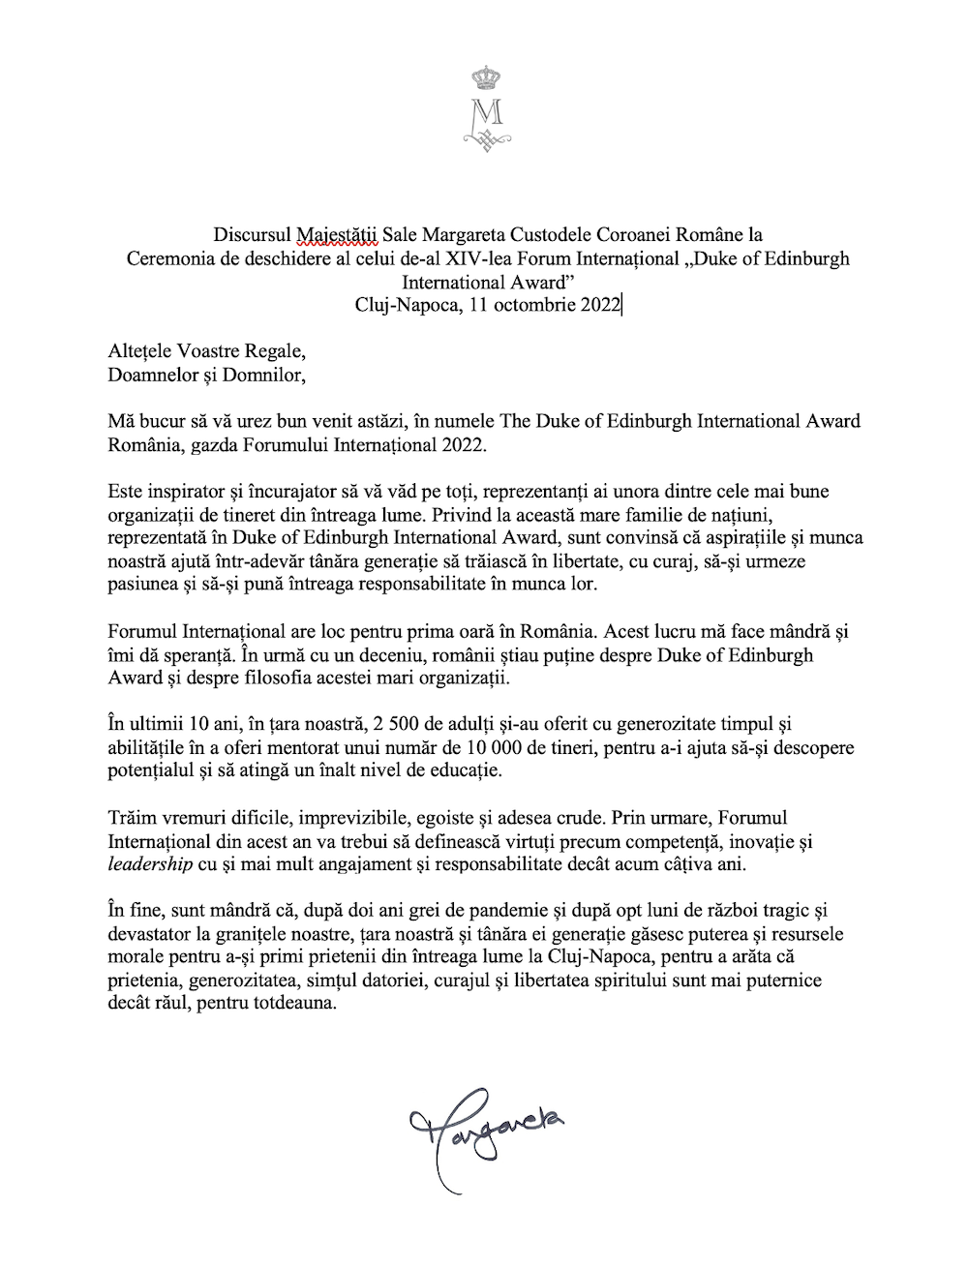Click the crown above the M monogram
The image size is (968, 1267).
483,76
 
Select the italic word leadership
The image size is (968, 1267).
148,864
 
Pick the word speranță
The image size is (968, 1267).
175,655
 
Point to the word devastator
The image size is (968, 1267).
153,934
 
